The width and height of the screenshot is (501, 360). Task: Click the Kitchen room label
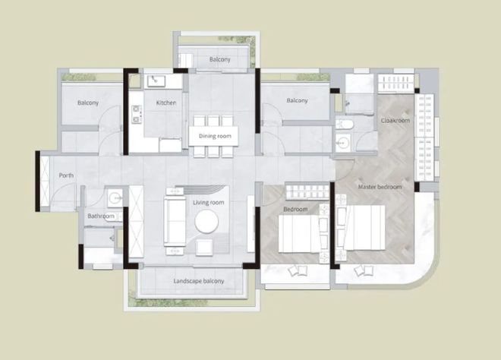(166, 103)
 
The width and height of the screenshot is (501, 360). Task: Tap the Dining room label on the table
(215, 136)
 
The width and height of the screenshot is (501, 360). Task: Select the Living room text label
(208, 202)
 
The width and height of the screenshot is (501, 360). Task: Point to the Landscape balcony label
(199, 281)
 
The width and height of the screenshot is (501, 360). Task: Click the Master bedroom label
(380, 187)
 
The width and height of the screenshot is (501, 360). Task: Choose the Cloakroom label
(395, 121)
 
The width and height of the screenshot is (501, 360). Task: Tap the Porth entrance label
(66, 175)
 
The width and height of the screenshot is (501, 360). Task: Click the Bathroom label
(101, 216)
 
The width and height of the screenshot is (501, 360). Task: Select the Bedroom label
(295, 209)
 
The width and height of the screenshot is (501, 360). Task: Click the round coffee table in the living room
(206, 222)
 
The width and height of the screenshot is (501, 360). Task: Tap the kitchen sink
(156, 81)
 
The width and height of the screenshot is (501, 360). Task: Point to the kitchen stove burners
(137, 114)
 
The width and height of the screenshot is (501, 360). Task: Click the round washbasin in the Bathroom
(115, 198)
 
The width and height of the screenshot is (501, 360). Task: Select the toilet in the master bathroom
(344, 124)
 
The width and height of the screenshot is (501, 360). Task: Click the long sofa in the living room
(175, 221)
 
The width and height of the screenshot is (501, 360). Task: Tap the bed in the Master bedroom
(364, 227)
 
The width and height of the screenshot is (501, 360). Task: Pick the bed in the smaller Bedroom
(299, 234)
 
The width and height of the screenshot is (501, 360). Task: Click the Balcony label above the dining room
(220, 59)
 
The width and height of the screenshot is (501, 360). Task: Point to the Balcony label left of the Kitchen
(88, 103)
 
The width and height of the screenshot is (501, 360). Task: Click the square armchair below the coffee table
(204, 248)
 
